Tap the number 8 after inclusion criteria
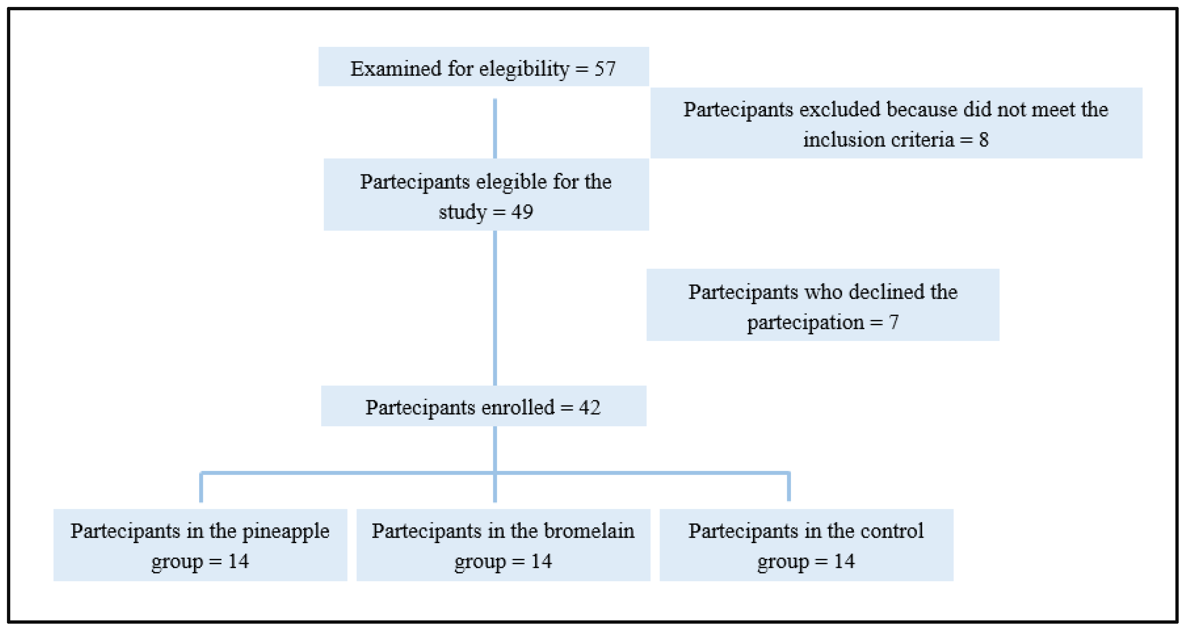(984, 140)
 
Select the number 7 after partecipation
(894, 322)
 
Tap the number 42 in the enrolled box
(590, 408)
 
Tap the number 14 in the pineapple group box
(238, 561)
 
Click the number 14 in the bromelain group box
(542, 561)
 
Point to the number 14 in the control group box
(844, 561)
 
